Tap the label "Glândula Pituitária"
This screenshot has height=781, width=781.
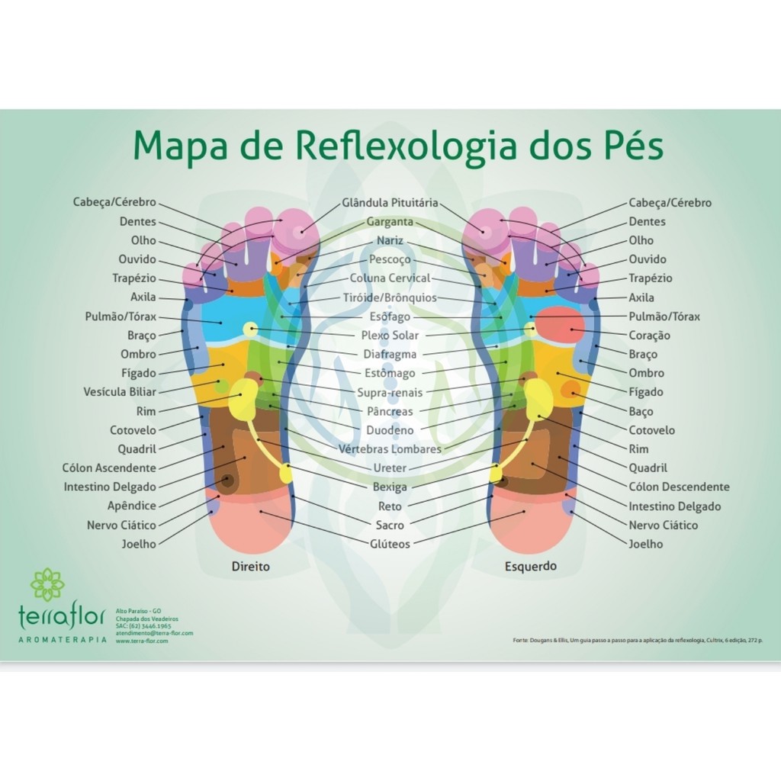click(x=390, y=203)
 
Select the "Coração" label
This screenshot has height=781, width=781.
click(x=649, y=336)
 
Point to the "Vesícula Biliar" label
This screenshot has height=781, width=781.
click(x=120, y=392)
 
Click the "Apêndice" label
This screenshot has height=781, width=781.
click(x=132, y=506)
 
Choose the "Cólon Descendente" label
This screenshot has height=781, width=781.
click(x=679, y=487)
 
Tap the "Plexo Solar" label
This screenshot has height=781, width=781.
click(x=390, y=336)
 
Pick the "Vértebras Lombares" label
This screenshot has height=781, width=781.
click(x=390, y=449)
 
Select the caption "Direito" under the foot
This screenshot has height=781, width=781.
click(x=251, y=567)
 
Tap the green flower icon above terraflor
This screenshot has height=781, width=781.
click(x=47, y=584)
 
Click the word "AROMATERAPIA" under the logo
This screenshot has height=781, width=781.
click(x=63, y=640)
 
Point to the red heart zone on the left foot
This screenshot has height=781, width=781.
click(x=560, y=326)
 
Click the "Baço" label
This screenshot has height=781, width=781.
click(x=641, y=411)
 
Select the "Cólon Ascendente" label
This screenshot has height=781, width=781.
click(x=109, y=468)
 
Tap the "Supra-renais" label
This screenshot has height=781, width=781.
click(x=390, y=392)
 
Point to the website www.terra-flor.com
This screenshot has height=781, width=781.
click(x=142, y=641)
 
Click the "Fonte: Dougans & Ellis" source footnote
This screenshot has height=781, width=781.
click(x=636, y=640)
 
